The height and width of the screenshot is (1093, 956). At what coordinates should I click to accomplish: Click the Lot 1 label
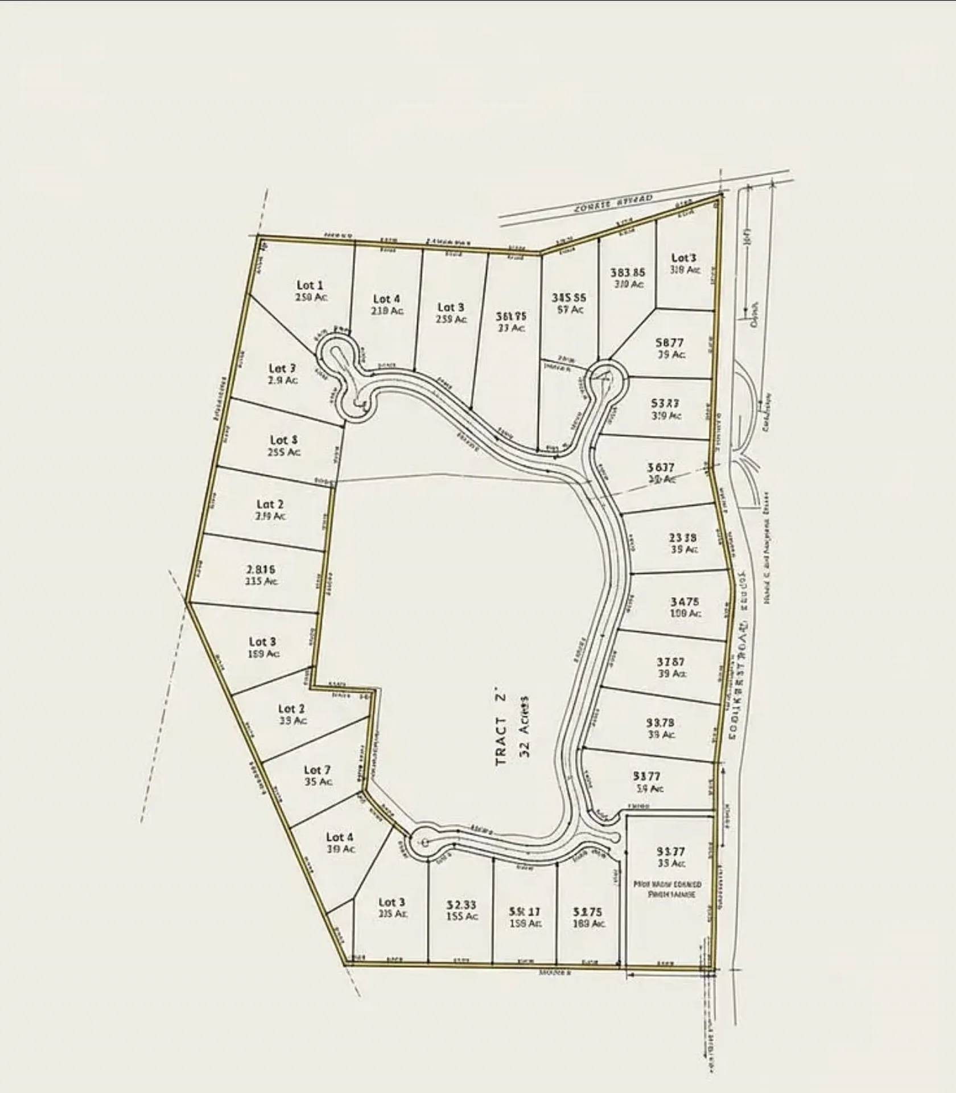coord(310,285)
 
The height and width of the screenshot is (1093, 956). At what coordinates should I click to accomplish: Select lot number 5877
coord(669,343)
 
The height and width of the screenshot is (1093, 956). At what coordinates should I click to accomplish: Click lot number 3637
coord(661,467)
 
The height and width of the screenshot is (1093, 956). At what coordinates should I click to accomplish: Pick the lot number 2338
coord(682,537)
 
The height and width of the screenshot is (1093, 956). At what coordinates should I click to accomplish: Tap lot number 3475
coord(685,602)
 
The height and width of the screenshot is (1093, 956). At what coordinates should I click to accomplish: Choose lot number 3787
coord(670,661)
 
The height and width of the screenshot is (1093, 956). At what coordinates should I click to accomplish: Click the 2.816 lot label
coord(261,569)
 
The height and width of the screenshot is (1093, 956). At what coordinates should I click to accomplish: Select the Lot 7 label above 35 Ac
coord(317,770)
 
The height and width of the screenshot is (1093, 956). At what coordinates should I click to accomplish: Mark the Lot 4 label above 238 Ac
coord(386,299)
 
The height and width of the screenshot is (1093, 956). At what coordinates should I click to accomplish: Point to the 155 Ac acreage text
coord(462,916)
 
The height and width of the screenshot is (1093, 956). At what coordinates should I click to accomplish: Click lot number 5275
coord(587,911)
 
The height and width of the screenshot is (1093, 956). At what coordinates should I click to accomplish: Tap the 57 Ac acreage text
coord(570,310)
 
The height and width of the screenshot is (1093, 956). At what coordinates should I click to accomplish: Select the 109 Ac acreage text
coord(685,614)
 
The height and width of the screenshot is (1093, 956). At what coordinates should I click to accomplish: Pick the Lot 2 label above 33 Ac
coord(291,709)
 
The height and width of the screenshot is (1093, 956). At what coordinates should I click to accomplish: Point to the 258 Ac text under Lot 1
coord(311,297)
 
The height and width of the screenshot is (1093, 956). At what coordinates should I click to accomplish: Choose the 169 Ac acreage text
coord(263,654)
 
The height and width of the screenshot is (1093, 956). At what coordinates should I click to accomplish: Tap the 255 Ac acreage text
coord(284,453)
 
